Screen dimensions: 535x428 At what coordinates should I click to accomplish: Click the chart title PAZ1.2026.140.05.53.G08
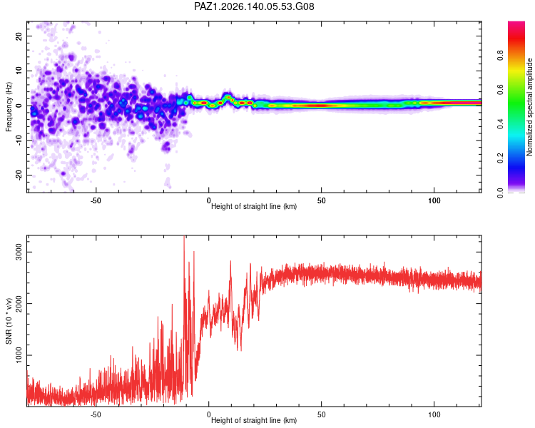pos(254,6)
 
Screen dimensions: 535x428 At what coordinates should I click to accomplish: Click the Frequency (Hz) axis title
pos(9,107)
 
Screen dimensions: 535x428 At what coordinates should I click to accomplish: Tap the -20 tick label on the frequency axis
pos(19,175)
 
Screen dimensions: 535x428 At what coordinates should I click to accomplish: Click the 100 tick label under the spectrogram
pos(434,200)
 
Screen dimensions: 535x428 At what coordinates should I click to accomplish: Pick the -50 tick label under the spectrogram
pos(96,200)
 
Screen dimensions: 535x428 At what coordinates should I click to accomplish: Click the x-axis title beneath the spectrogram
pos(254,206)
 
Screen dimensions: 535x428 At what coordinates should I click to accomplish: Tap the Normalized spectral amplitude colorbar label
pos(529,107)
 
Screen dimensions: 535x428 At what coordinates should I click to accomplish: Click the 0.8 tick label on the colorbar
pos(501,55)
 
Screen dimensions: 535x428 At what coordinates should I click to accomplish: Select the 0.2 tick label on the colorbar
pos(501,158)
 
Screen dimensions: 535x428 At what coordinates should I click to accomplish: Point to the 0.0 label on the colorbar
pos(501,193)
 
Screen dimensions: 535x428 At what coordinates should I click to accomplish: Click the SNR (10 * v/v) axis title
pos(9,321)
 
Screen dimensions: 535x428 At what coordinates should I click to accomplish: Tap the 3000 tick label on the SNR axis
pos(19,252)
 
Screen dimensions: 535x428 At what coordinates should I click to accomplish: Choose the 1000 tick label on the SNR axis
pos(19,355)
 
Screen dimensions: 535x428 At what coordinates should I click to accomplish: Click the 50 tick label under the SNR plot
pos(322,414)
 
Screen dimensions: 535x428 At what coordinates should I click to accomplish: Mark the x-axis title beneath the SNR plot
pos(254,420)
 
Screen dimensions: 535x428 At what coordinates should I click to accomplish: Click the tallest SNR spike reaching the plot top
pos(184,239)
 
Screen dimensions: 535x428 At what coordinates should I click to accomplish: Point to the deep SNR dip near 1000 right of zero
pos(240,347)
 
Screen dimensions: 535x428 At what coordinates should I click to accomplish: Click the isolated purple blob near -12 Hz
pos(166,147)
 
